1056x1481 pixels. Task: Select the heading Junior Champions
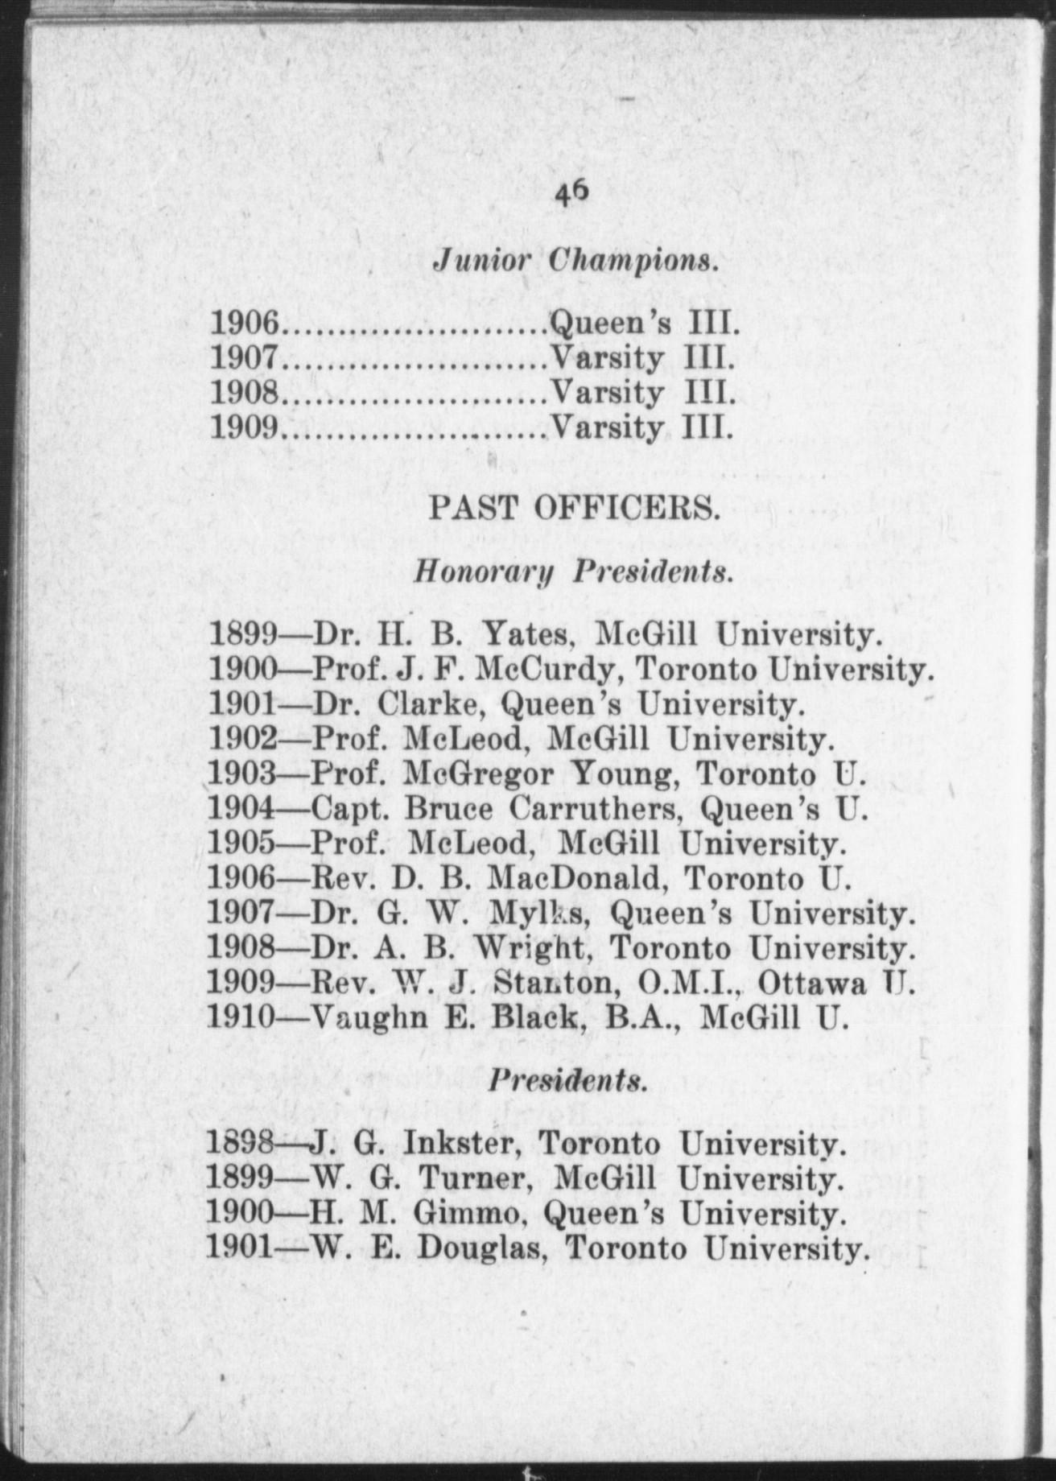pyautogui.click(x=575, y=261)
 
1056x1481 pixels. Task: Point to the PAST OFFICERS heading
pyautogui.click(x=574, y=509)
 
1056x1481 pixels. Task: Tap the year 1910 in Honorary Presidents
pyautogui.click(x=241, y=1018)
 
